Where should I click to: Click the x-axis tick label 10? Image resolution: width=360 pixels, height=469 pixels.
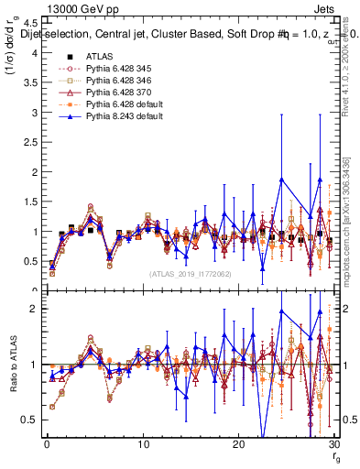coord(143,445)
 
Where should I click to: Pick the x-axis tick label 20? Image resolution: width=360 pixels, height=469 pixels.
coord(239,445)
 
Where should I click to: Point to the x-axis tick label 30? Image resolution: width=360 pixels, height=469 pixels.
coord(334,445)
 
